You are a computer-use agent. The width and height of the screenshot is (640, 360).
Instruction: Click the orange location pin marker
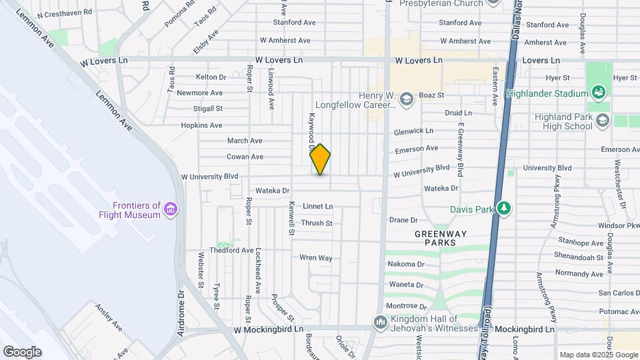320,159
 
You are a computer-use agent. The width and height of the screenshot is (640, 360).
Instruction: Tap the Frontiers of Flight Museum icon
171,210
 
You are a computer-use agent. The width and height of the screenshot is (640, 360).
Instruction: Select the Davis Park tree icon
504,209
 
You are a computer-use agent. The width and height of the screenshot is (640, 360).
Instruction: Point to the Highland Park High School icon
603,121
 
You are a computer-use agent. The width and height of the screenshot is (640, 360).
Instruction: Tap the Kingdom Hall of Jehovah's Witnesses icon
381,322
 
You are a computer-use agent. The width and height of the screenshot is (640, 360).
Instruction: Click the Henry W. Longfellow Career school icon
406,100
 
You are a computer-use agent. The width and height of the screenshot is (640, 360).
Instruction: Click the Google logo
22,352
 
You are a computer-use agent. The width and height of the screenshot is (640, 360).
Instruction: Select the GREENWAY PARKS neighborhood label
441,238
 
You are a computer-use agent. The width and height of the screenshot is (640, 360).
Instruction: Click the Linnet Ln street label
317,207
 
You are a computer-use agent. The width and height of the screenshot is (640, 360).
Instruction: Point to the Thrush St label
317,223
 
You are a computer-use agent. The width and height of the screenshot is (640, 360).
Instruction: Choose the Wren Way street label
315,257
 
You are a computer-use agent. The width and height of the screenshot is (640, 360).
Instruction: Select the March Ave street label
245,141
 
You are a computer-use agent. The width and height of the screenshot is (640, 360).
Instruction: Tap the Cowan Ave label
245,157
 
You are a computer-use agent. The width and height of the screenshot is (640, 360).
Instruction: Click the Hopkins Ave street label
202,125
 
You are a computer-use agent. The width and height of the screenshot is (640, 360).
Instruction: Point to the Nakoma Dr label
406,264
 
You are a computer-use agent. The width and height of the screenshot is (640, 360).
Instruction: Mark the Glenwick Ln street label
413,131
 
